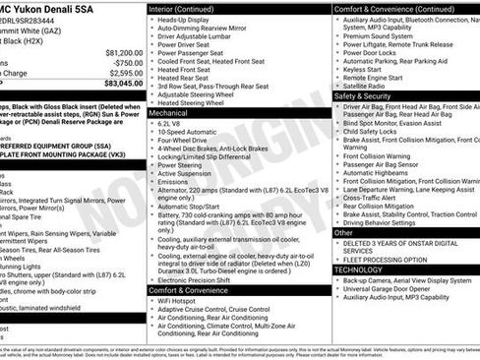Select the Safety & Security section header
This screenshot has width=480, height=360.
pos(370,97)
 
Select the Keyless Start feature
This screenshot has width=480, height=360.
pos(362,70)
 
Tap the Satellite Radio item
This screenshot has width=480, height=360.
pos(366,87)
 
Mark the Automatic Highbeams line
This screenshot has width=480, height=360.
pos(380,172)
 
